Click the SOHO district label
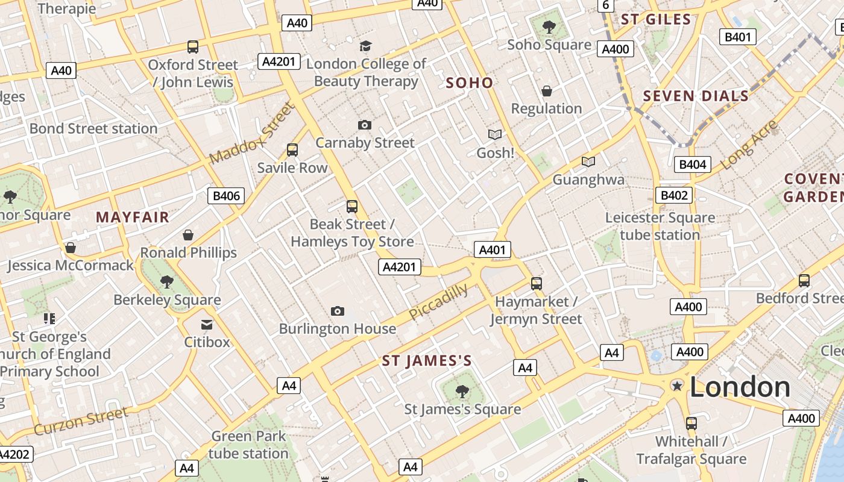(x=470, y=83)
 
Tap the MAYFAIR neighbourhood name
(x=133, y=217)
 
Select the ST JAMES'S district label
(x=427, y=361)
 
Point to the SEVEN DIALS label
(x=696, y=96)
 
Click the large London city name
(x=740, y=387)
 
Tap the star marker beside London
(x=678, y=386)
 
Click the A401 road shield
(x=493, y=250)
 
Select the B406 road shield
(x=226, y=195)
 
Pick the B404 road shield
(x=693, y=164)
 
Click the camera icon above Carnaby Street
(x=365, y=125)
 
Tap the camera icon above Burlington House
(x=338, y=311)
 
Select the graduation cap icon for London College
(x=365, y=46)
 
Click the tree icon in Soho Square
(x=549, y=27)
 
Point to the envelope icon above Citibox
(x=207, y=325)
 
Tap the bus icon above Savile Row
(x=292, y=150)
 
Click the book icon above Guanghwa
(x=588, y=161)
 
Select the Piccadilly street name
(x=438, y=302)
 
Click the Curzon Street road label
(x=81, y=421)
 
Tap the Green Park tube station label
(x=248, y=445)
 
